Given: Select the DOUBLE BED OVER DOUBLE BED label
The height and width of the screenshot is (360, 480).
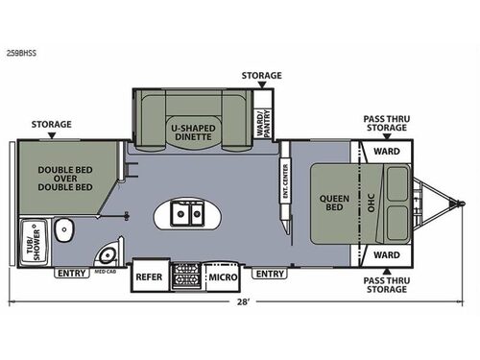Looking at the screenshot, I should (65, 180).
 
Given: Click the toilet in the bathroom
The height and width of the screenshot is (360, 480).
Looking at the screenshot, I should (63, 230).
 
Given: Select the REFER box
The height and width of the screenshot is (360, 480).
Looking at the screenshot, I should (149, 276).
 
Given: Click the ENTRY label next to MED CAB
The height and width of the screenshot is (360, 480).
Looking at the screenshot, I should (71, 274).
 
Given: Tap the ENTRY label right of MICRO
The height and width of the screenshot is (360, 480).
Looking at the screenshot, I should (270, 274).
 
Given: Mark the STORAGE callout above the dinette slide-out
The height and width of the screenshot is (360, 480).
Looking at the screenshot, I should (261, 75).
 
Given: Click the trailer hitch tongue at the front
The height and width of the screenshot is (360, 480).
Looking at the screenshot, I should (444, 204).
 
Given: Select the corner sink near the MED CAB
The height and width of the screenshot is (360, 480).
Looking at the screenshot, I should (108, 253).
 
